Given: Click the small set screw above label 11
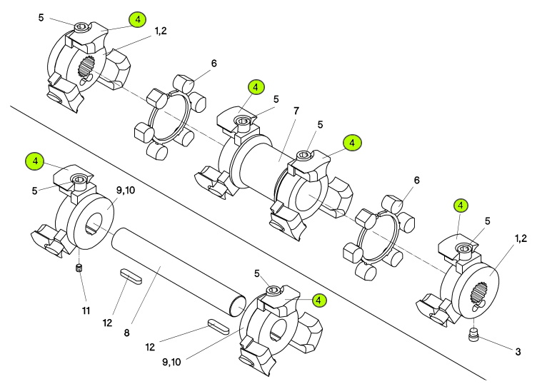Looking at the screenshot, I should tap(79, 268).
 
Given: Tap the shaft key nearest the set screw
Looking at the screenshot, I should tap(131, 275).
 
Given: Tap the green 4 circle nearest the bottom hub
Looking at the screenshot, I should tap(319, 300).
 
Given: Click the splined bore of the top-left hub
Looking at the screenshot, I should tap(85, 68).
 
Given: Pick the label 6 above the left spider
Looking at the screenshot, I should tap(214, 64).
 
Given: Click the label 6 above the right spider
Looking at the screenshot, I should tap(416, 180).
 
